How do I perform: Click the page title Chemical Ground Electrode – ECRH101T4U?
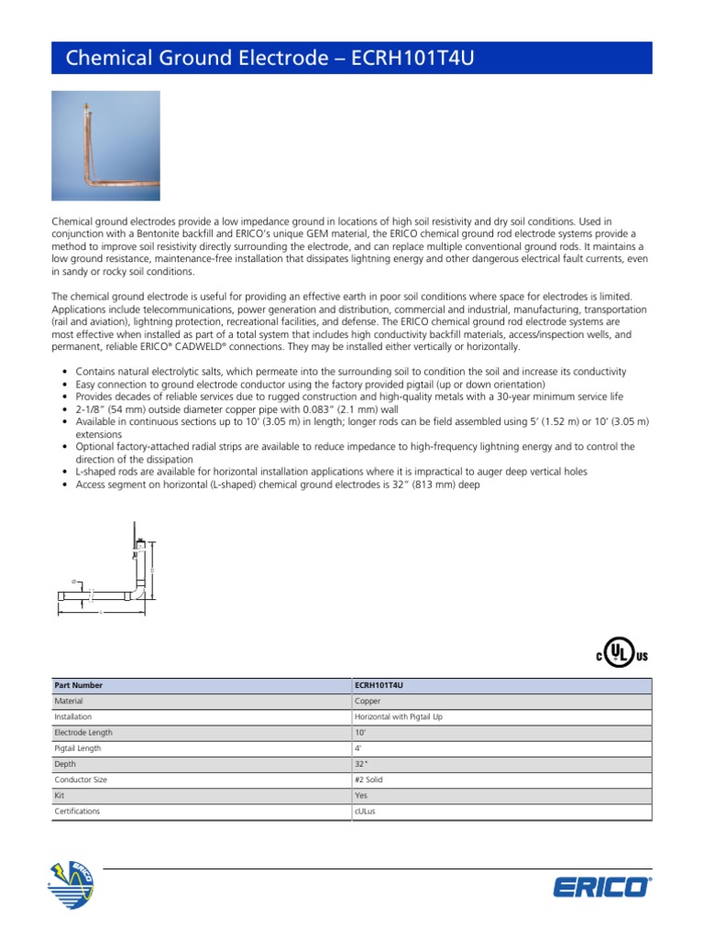tap(271, 59)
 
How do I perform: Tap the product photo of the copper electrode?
tap(105, 146)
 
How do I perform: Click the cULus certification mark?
tap(621, 655)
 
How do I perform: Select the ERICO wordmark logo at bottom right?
tap(602, 888)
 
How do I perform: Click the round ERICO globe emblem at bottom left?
tap(71, 886)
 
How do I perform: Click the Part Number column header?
tap(79, 685)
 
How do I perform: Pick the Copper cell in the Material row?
tap(368, 701)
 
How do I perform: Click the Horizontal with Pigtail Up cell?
tap(398, 716)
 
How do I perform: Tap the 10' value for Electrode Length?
tap(359, 733)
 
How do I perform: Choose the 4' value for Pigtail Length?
tap(357, 748)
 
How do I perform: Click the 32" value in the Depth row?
tap(360, 764)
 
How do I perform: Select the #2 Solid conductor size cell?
tap(369, 780)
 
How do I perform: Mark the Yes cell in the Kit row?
tap(360, 796)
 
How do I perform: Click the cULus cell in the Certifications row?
tap(365, 812)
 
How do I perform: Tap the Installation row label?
tap(73, 716)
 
